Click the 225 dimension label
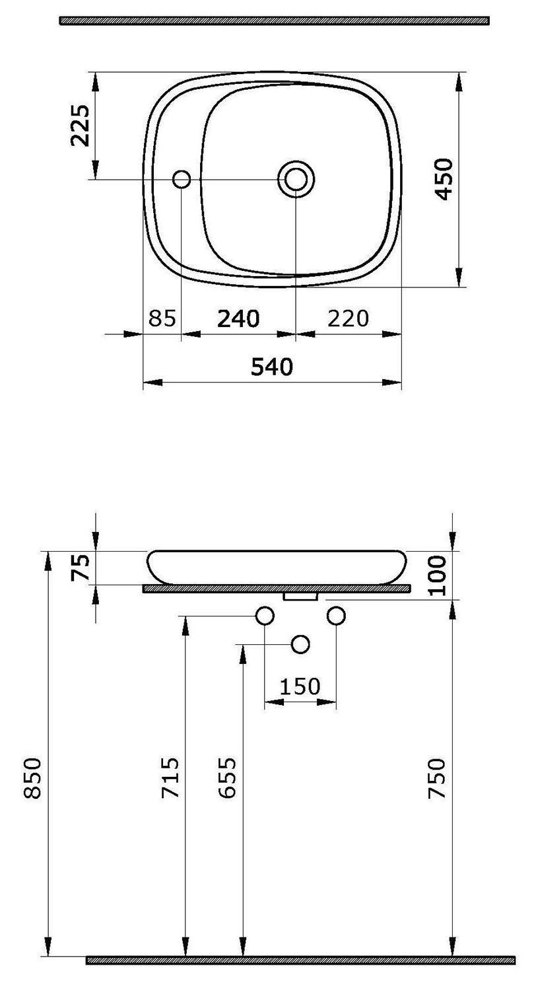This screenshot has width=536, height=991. (x=81, y=126)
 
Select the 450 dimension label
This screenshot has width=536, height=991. (x=444, y=179)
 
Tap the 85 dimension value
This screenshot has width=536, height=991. (x=162, y=318)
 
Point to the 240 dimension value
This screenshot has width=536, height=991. (x=238, y=318)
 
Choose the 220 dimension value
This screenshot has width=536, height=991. (x=348, y=318)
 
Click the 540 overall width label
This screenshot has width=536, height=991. (x=272, y=367)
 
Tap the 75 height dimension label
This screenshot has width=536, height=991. (x=81, y=567)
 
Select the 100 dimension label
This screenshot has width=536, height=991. (x=438, y=576)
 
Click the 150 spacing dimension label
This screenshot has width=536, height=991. (x=300, y=686)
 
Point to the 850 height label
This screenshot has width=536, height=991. (x=33, y=778)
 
